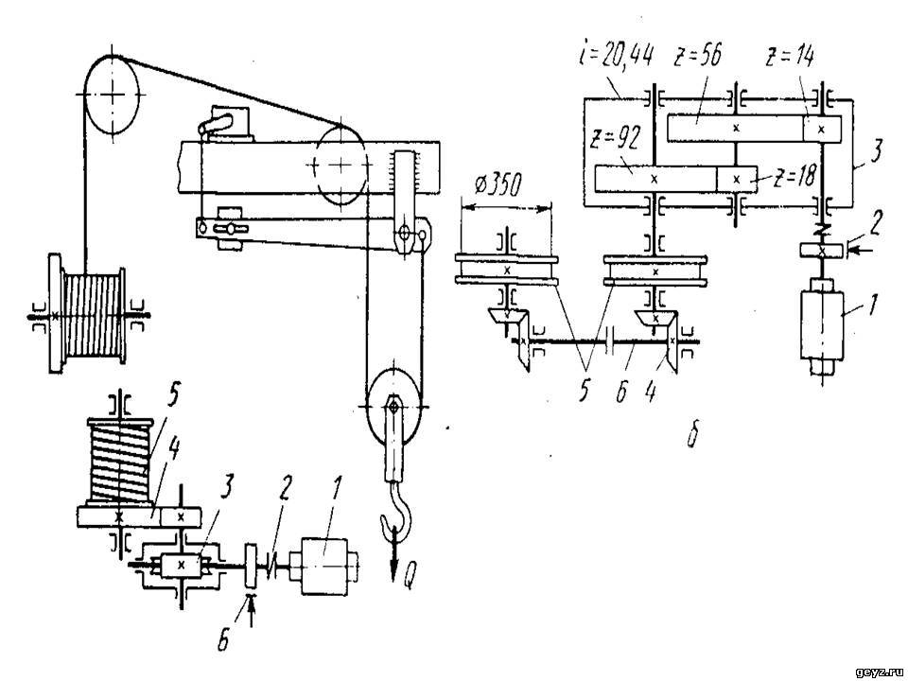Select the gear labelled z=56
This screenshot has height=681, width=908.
click(736, 128)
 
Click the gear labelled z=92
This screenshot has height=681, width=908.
click(655, 179)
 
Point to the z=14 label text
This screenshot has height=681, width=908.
click(791, 57)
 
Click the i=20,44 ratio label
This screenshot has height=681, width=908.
click(616, 57)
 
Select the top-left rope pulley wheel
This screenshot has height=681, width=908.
click(113, 94)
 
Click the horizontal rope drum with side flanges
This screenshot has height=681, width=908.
click(88, 314)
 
